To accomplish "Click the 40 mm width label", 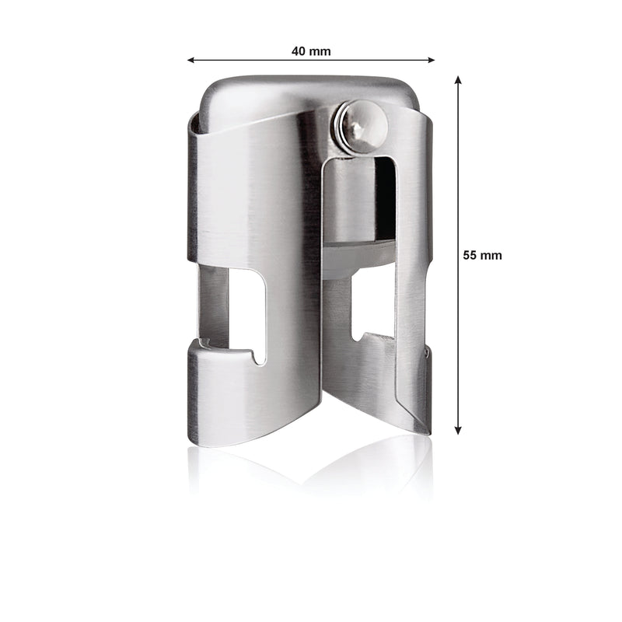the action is (x=311, y=51).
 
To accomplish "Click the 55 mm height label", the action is (x=482, y=255).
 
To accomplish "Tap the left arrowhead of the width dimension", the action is (x=190, y=61).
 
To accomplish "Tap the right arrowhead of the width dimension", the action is (x=432, y=61).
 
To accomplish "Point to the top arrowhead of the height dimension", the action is (x=458, y=79).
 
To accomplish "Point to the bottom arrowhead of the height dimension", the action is (x=458, y=431).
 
